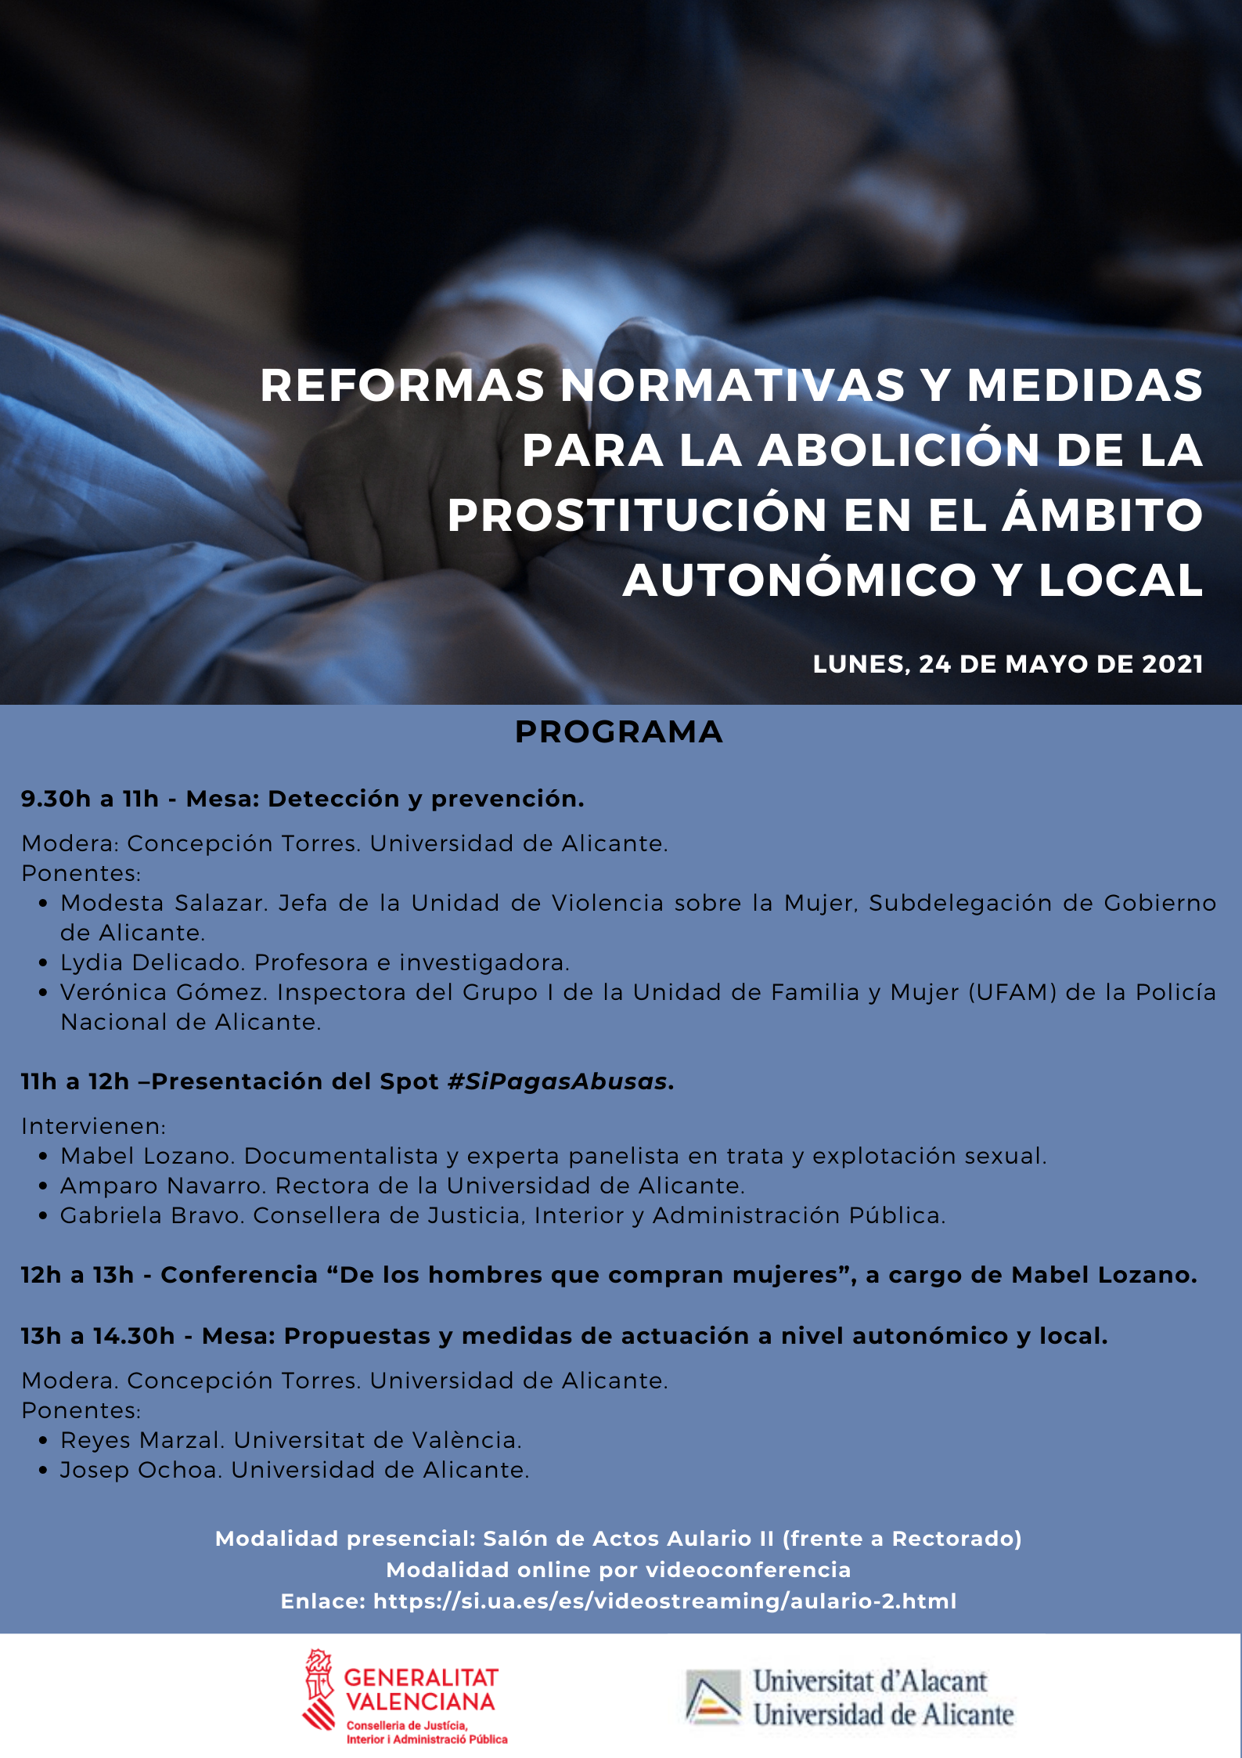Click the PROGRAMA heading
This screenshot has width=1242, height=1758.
pos(618,732)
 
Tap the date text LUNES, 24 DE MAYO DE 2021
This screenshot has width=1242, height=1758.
pos(1007,664)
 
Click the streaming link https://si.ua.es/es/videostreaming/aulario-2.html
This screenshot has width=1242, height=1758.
pos(664,1601)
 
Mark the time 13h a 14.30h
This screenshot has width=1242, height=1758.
pos(98,1336)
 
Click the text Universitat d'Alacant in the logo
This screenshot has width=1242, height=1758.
pos(869,1680)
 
